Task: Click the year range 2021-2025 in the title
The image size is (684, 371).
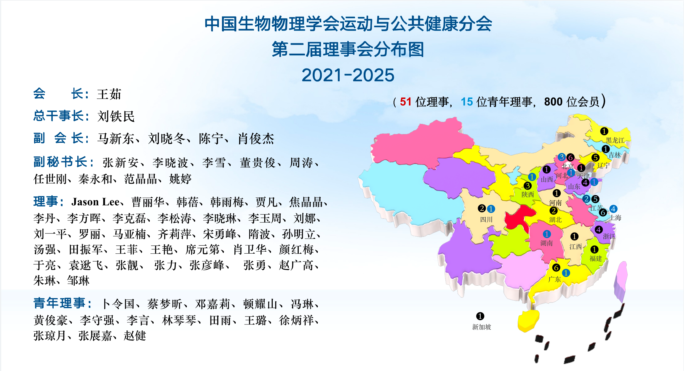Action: click(x=348, y=75)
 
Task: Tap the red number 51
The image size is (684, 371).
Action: click(x=406, y=102)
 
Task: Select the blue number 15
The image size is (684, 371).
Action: click(x=467, y=102)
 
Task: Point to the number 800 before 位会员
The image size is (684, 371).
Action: click(x=553, y=102)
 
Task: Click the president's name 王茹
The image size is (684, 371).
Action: click(x=109, y=94)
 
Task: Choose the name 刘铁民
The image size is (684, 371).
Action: click(x=116, y=116)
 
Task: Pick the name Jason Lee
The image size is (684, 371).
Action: click(x=95, y=202)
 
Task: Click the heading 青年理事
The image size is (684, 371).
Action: click(x=59, y=303)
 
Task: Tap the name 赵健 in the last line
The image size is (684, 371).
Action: click(x=135, y=336)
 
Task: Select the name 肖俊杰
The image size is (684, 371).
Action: click(x=256, y=138)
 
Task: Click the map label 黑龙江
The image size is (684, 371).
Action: click(x=615, y=140)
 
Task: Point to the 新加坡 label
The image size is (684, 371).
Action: click(x=482, y=327)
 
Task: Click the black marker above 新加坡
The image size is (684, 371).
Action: click(x=480, y=316)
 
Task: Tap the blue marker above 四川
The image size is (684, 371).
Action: click(x=491, y=209)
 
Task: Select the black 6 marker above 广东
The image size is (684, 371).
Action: click(x=556, y=268)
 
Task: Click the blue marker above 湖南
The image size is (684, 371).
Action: click(x=547, y=234)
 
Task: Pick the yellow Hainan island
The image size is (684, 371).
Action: click(x=528, y=321)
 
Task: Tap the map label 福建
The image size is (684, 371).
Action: click(x=596, y=258)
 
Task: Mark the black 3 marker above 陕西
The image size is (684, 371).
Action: click(x=528, y=186)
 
